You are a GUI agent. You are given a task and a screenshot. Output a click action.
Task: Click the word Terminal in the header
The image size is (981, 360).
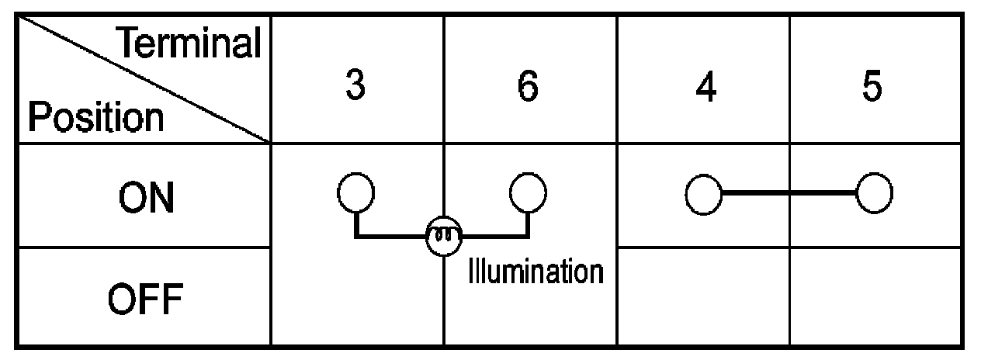click(190, 44)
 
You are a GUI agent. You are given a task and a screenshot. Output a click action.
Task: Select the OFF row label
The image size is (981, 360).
click(145, 297)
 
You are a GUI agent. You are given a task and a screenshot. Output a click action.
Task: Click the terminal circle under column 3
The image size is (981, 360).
click(356, 192)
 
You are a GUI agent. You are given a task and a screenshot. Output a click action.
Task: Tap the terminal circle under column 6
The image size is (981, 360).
click(529, 192)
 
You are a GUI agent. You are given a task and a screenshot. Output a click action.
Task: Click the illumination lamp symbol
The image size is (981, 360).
click(443, 234)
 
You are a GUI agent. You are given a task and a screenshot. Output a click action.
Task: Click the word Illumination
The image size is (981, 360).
click(536, 272)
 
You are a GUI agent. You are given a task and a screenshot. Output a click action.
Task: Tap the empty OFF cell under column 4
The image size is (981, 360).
click(703, 297)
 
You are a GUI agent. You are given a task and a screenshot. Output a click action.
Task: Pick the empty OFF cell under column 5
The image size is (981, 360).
click(875, 297)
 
